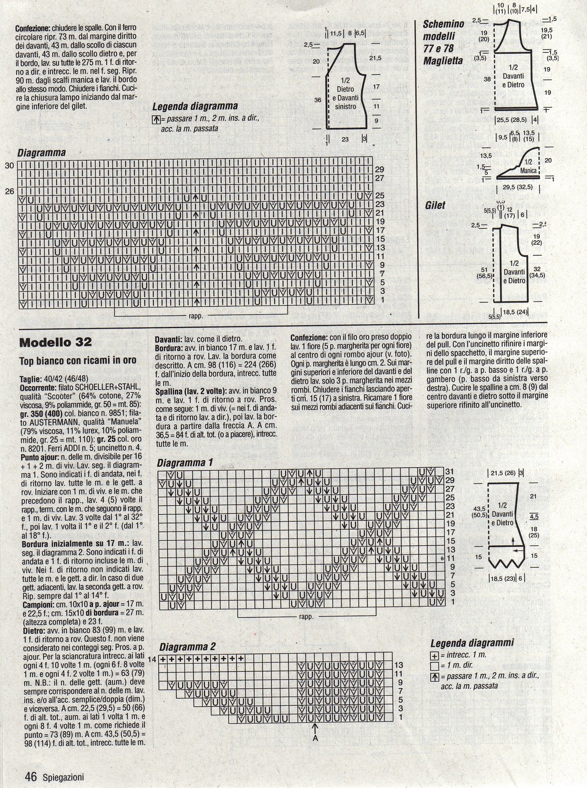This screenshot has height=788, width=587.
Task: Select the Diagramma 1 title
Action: pos(185,463)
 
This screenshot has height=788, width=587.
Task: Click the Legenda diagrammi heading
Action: pos(472,643)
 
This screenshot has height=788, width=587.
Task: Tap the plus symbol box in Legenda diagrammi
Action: pos(434,656)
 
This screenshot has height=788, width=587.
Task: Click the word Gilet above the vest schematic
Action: pos(435,205)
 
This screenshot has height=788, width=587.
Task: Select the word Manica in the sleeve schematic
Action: pos(528,170)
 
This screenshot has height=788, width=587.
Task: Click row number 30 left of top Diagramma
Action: pos(9,166)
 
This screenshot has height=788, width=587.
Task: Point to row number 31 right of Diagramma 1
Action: pos(449,471)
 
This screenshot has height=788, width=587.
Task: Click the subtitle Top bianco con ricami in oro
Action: pos(78,361)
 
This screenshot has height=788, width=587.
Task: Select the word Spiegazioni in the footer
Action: pos(62,778)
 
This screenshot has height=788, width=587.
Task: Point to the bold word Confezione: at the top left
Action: pos(35,29)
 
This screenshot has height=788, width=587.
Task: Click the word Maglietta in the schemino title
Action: pos(443,61)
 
